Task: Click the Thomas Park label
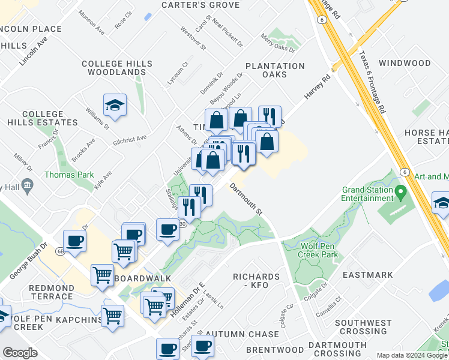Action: pos(69,175)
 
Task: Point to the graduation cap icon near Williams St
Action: pos(115,106)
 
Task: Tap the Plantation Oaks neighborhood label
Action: pos(274,70)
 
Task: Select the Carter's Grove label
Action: pos(200,5)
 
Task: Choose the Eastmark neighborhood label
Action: pos(367,275)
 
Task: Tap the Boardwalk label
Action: pos(143,279)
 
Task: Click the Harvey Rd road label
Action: pos(318,86)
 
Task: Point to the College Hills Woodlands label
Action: pos(114,68)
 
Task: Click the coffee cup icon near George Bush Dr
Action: pos(74,241)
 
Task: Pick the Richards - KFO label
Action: pos(256,281)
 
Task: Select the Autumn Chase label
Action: pos(242,334)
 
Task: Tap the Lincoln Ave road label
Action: pos(34,52)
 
